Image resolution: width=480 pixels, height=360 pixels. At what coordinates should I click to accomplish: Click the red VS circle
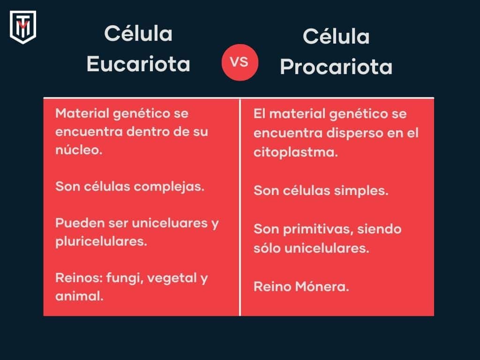point(240,62)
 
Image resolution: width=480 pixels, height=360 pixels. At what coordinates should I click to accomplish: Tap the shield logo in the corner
point(22,27)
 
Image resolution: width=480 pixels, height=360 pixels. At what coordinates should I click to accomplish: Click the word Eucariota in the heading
point(138,64)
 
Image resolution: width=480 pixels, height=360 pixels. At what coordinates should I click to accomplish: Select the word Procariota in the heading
point(336,67)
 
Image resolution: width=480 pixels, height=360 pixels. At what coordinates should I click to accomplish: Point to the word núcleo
point(78,151)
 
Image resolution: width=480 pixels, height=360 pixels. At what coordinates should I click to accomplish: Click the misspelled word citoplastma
point(295,152)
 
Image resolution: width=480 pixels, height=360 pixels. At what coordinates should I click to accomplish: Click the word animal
point(79,296)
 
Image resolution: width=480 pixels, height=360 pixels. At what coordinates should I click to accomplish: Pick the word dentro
point(149,132)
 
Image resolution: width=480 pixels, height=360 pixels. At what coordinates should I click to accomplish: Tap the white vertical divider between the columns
point(240,206)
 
